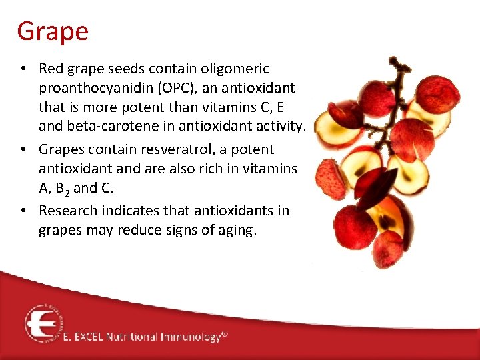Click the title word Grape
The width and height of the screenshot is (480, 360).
tap(53, 31)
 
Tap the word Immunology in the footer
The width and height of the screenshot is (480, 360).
tap(190, 337)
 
